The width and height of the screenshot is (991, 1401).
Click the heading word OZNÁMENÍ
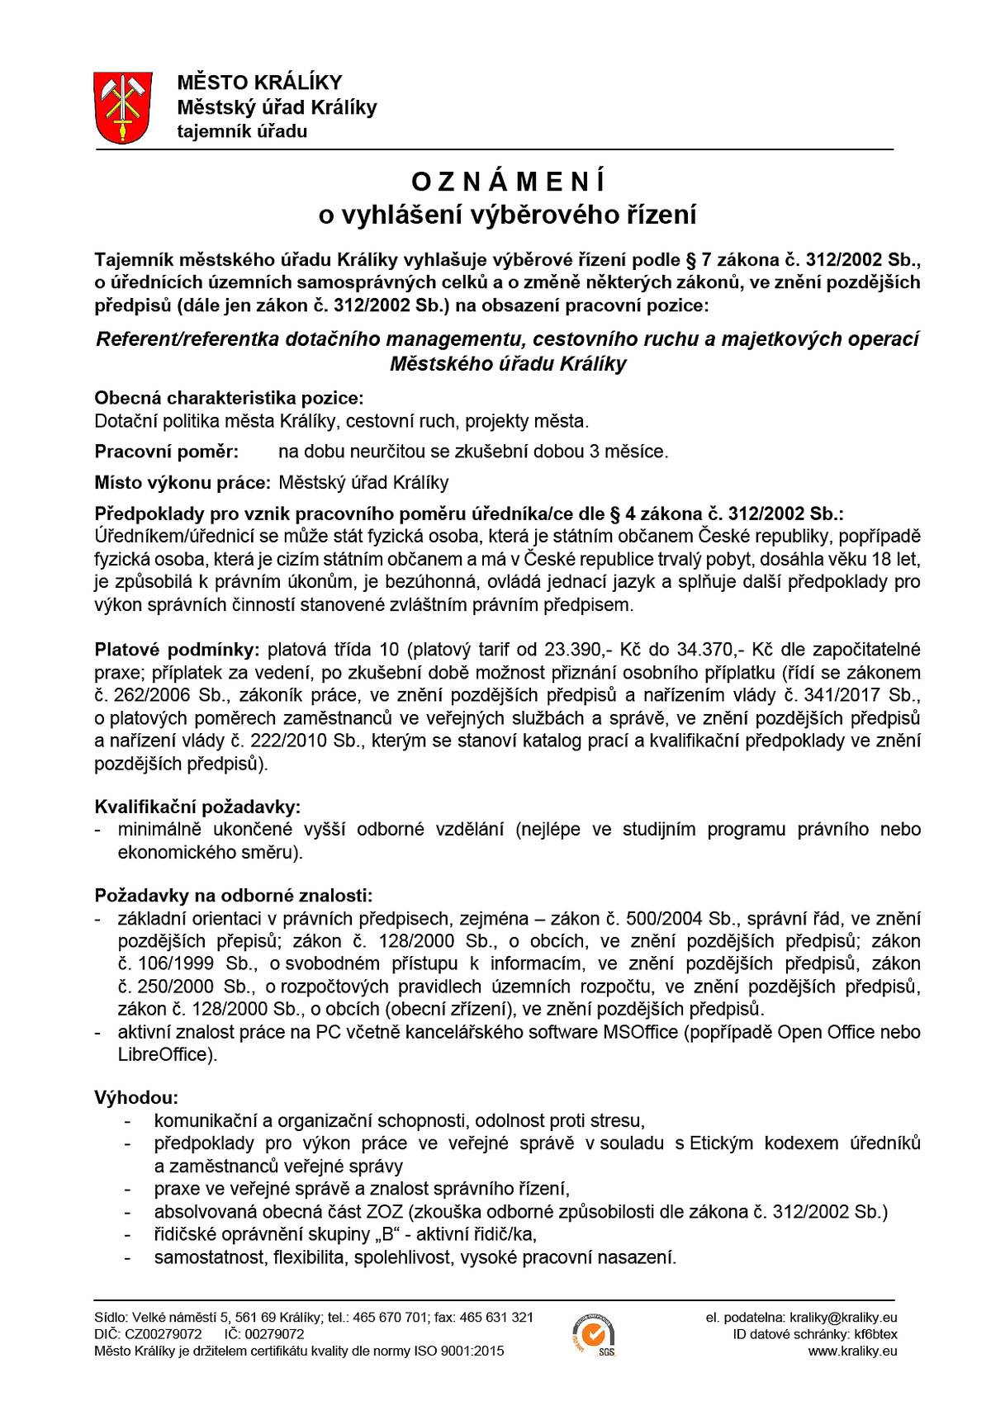[508, 180]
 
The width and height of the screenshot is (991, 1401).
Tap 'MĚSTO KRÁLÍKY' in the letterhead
[259, 83]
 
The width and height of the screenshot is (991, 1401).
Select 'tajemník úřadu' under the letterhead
[242, 132]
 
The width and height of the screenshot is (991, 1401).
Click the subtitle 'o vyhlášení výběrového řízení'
[508, 215]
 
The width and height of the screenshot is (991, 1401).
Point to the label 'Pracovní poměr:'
[167, 452]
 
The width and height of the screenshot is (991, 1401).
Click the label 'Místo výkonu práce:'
[183, 482]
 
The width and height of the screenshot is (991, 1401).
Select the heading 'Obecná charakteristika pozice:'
[229, 398]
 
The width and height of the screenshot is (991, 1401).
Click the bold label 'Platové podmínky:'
[177, 650]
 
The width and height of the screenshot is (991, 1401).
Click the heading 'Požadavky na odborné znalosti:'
[233, 896]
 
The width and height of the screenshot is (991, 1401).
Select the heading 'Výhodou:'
[136, 1098]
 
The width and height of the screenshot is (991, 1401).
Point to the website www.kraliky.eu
[852, 1351]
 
